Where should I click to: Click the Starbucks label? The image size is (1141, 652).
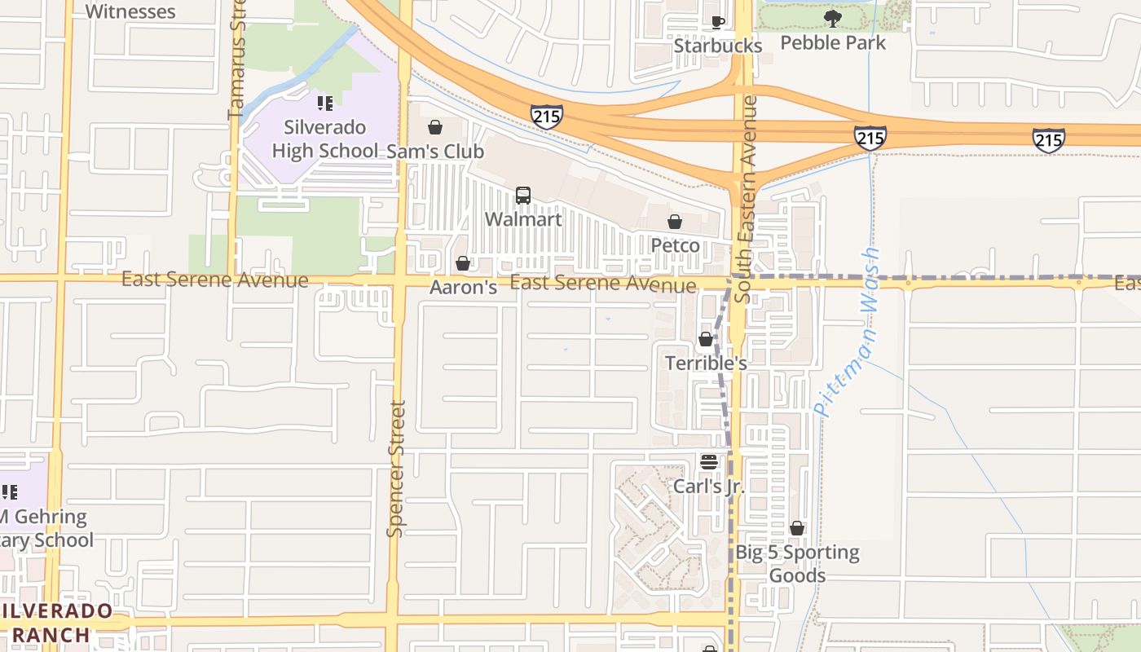tap(717, 46)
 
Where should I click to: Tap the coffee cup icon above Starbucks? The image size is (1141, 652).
tap(717, 22)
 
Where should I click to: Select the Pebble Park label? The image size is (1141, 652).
tap(832, 42)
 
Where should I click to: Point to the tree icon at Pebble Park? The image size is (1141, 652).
tap(832, 18)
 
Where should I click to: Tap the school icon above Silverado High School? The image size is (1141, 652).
tap(325, 104)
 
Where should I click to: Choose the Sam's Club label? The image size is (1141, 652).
tap(435, 152)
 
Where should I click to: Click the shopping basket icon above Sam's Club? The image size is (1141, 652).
tap(435, 128)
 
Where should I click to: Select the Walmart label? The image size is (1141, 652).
tap(523, 219)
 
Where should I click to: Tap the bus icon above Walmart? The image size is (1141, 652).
tap(523, 196)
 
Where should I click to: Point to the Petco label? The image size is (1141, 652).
tap(675, 245)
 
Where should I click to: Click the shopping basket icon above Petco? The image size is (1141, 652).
tap(675, 222)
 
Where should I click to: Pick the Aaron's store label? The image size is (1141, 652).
tap(464, 288)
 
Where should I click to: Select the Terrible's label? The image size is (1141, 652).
tap(706, 363)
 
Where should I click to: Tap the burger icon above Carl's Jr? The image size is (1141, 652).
tap(708, 462)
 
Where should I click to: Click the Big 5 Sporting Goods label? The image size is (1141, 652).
tap(797, 564)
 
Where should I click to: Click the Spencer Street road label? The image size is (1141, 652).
tap(396, 469)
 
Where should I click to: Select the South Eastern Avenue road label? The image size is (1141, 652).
tap(745, 200)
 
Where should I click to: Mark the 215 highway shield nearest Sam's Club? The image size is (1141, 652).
tap(546, 116)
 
